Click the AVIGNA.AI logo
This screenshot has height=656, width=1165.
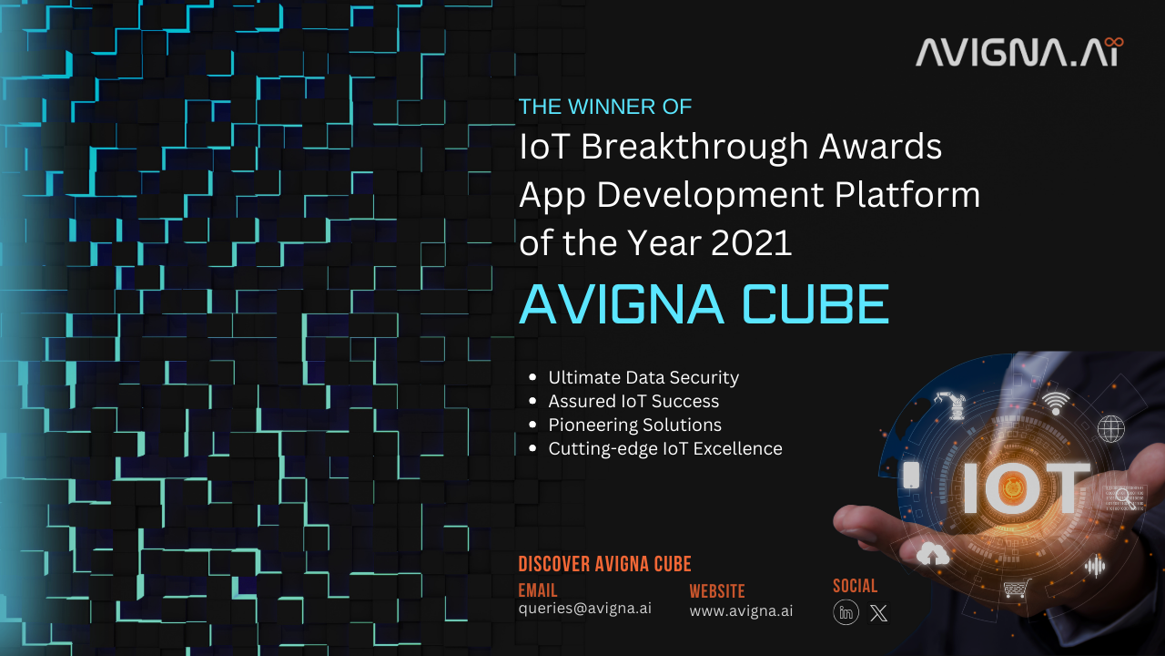[1019, 52]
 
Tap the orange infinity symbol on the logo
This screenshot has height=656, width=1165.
[1112, 42]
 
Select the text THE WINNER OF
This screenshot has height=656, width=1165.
[605, 107]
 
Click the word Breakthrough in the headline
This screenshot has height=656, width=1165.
[694, 147]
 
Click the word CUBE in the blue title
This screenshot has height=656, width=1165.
[815, 304]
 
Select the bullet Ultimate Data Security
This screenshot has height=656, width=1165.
[643, 377]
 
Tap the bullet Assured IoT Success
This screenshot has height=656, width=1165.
[633, 402]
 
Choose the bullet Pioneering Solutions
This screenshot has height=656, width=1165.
[634, 425]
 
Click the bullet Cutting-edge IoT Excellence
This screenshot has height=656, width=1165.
[665, 449]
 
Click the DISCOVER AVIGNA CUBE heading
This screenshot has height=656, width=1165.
[605, 564]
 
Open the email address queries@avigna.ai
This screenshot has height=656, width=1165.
[585, 609]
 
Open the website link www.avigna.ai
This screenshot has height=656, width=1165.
[741, 610]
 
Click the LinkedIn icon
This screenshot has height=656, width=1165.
[846, 612]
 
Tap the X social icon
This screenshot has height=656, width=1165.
[879, 613]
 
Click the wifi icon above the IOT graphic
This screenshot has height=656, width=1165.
[1056, 403]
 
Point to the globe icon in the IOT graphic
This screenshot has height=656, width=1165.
[1111, 429]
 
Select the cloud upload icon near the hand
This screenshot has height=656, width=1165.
[932, 554]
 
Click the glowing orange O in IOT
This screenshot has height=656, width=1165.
[1012, 487]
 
